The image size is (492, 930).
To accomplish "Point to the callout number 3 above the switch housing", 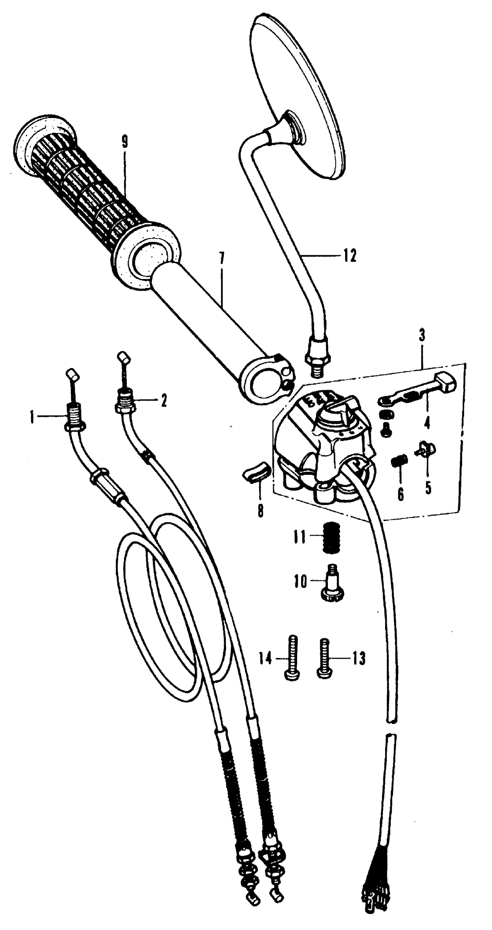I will tap(422, 337).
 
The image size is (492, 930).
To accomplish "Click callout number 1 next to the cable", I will tap(32, 419).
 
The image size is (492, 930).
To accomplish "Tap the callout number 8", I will tap(260, 512).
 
